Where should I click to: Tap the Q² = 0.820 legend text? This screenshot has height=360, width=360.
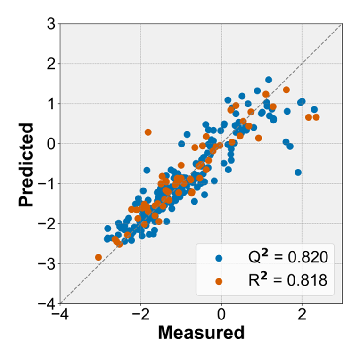tap(288, 257)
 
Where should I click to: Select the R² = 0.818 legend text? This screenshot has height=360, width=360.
tap(288, 280)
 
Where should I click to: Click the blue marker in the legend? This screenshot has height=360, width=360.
tap(218, 258)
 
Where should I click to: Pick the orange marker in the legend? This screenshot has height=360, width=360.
tap(218, 281)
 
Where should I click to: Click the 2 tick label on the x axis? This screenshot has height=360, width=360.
tap(302, 313)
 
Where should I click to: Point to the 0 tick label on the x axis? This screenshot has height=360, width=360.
tap(221, 313)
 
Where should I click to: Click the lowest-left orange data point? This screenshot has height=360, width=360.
tap(98, 257)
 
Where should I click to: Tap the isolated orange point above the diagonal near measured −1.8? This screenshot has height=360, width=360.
tap(148, 132)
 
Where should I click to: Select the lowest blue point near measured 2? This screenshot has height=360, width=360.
tap(298, 172)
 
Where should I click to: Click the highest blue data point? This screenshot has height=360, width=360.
tap(269, 80)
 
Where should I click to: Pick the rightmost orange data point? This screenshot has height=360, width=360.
tap(316, 117)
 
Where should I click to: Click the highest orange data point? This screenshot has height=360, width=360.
tap(286, 90)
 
